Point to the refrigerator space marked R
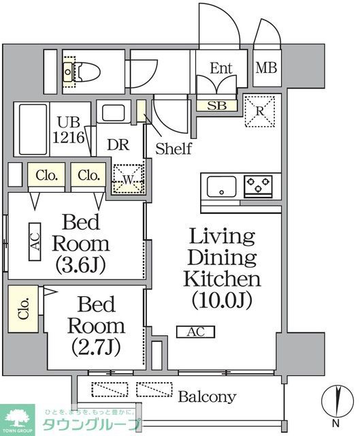tap(259, 110)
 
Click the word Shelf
tap(174, 149)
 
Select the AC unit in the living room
tap(196, 332)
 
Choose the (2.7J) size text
tap(96, 347)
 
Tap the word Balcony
tap(207, 396)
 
